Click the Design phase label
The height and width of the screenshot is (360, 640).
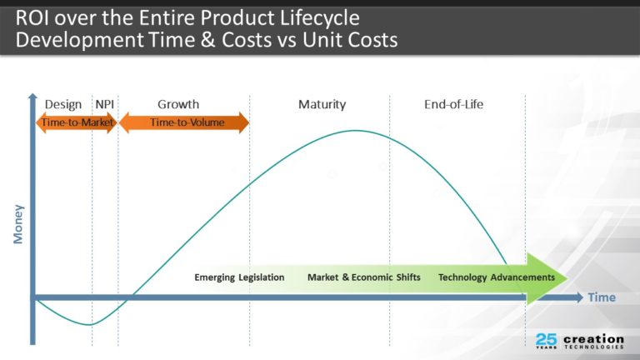pyautogui.click(x=62, y=104)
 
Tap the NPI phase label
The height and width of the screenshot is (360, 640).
pyautogui.click(x=104, y=104)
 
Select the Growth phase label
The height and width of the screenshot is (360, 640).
pyautogui.click(x=178, y=104)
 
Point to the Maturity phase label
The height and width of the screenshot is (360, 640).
pyautogui.click(x=322, y=104)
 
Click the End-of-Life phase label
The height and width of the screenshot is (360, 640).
pyautogui.click(x=453, y=104)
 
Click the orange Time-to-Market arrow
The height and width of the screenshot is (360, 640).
pyautogui.click(x=77, y=122)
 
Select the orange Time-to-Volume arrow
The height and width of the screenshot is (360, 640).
pyautogui.click(x=184, y=122)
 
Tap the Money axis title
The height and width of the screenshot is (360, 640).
pyautogui.click(x=18, y=224)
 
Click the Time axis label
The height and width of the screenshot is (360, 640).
pyautogui.click(x=602, y=297)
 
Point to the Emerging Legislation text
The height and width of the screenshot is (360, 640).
pyautogui.click(x=239, y=277)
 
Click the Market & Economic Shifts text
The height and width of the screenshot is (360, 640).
pyautogui.click(x=363, y=277)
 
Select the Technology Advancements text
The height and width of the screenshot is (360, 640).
pyautogui.click(x=497, y=277)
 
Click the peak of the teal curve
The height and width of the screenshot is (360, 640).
pyautogui.click(x=355, y=131)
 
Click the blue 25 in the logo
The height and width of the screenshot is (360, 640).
pyautogui.click(x=546, y=339)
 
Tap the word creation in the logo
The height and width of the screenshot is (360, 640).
pyautogui.click(x=593, y=339)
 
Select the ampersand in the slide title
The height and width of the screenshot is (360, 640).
pyautogui.click(x=207, y=40)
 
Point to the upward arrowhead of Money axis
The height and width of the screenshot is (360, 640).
pyautogui.click(x=32, y=97)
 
